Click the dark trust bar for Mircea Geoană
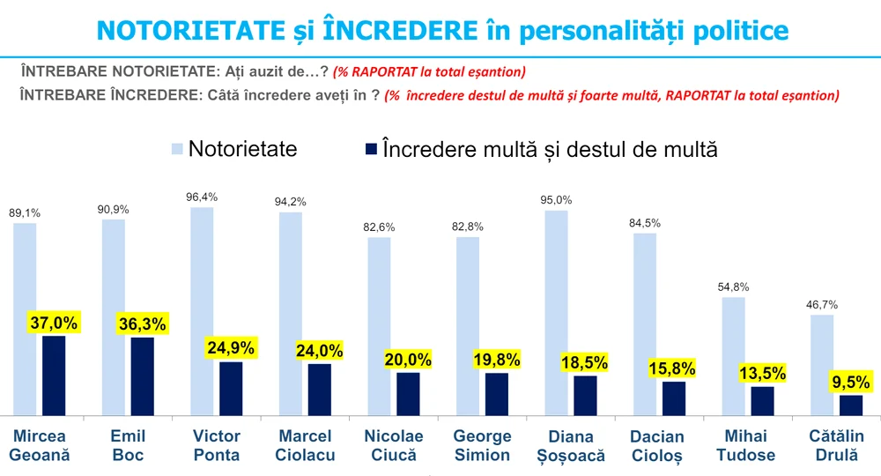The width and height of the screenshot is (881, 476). point(54,375)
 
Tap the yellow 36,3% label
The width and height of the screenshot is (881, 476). point(141,324)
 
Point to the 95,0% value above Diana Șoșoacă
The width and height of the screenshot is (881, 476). point(556,198)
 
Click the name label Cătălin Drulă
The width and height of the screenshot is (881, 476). point(836,445)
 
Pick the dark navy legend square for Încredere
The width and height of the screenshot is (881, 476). point(368,149)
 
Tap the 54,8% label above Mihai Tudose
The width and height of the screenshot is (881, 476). point(733,286)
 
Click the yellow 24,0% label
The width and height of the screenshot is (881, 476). point(318,350)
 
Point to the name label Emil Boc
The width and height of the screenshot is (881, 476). point(129,445)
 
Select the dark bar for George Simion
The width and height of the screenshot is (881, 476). point(497,393)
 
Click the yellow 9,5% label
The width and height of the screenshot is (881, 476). point(851,383)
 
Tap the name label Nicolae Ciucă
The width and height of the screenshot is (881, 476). point(394,445)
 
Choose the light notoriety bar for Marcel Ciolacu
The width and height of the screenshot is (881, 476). point(291,313)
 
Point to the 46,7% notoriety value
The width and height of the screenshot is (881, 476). point(821,304)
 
